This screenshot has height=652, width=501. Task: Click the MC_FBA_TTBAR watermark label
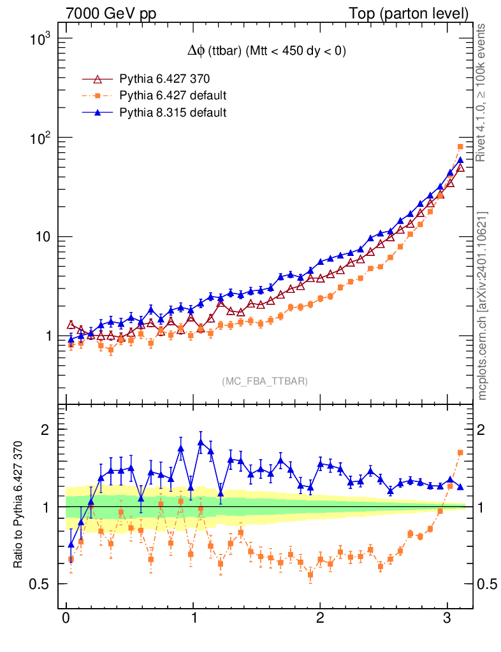[x=265, y=381]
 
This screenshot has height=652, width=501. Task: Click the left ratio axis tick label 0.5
[x=40, y=585]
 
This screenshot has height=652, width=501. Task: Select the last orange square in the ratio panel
[x=460, y=452]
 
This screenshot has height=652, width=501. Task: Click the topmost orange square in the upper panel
[x=460, y=147]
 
